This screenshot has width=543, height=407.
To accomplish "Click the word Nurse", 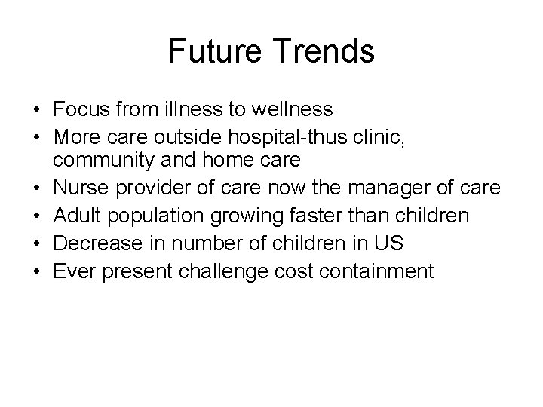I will (x=79, y=189).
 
